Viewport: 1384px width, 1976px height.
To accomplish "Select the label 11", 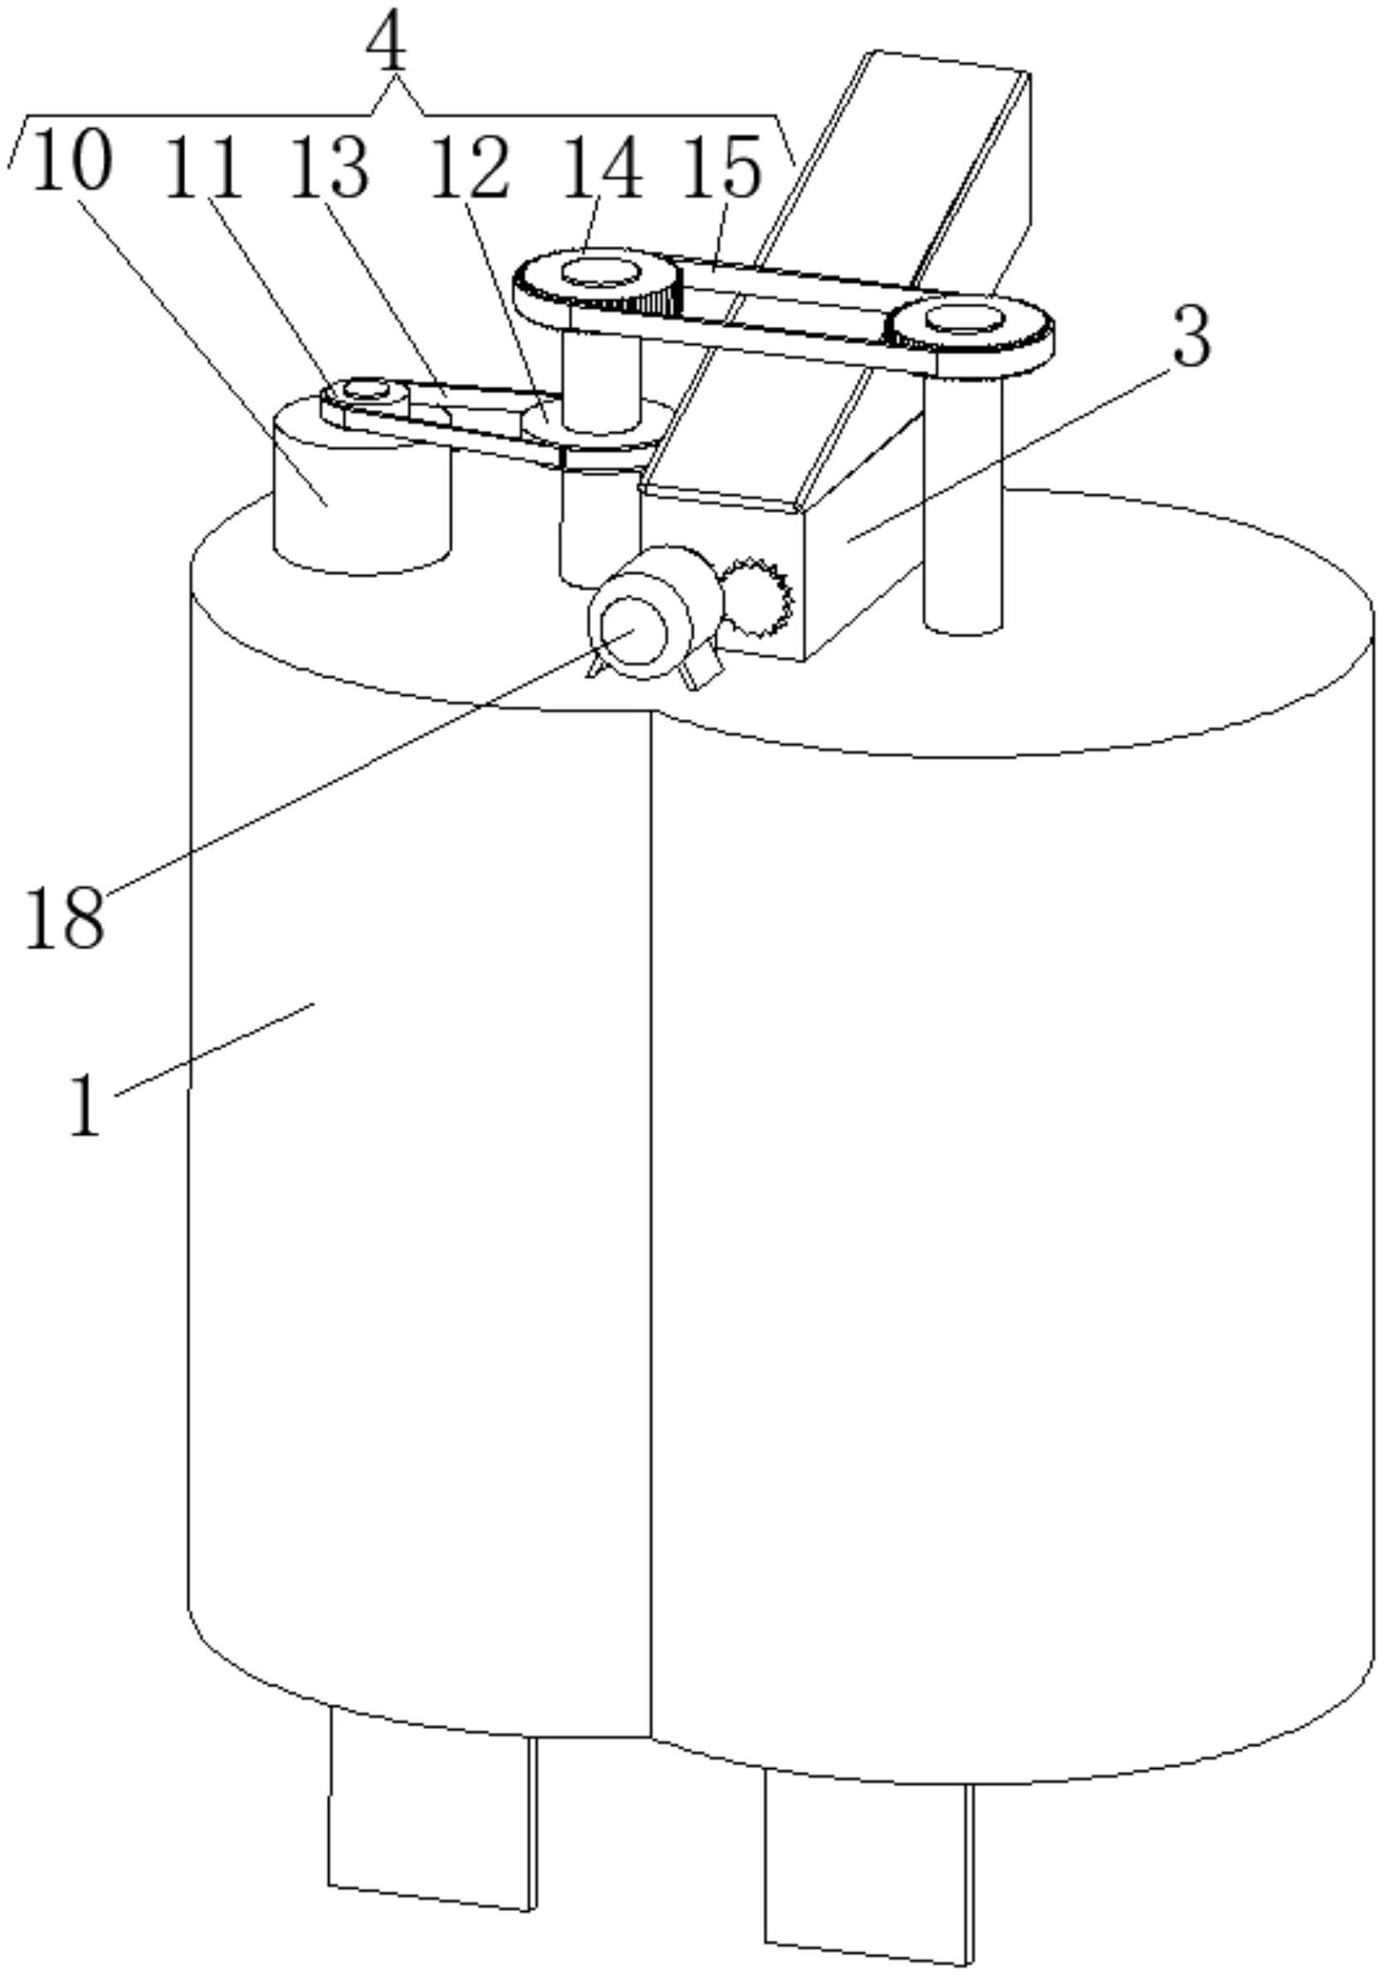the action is pos(204,167).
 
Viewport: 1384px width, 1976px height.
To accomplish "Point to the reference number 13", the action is pos(330,167).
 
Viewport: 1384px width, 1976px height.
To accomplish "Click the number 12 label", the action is pos(470,168).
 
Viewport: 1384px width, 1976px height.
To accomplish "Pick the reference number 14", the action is pos(603,168).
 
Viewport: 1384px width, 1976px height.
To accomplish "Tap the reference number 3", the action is pos(1190,338).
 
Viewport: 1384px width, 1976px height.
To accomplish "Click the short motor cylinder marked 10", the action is pos(362,499).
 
